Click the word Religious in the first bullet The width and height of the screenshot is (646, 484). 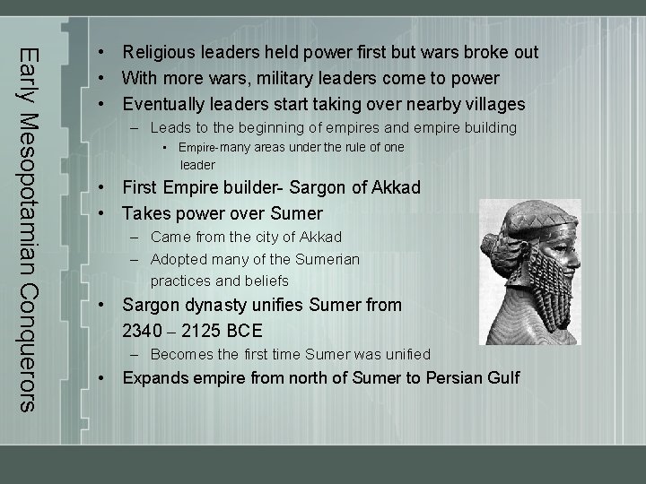point(160,52)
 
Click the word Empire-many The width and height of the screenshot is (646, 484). point(214,147)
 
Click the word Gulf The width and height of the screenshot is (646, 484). point(501,377)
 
